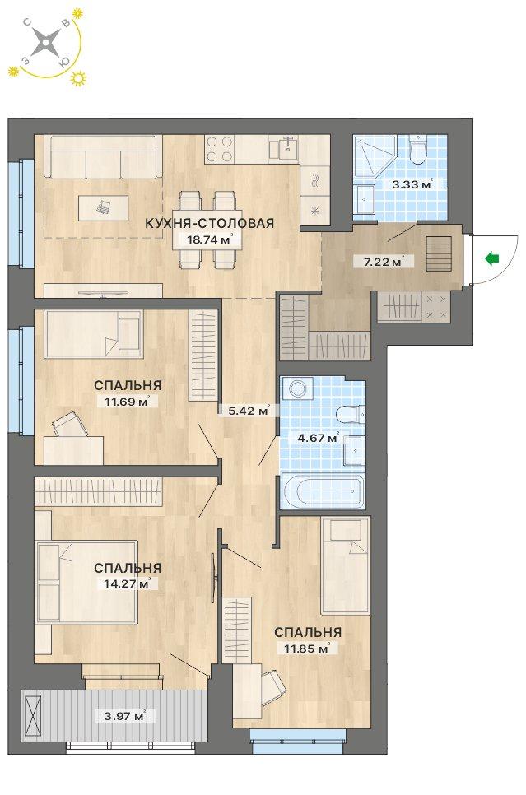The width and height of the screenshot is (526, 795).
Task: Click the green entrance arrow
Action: point(491,259)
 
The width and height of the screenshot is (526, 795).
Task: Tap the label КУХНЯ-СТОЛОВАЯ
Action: point(209,223)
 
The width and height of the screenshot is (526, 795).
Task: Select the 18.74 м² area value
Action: point(209,239)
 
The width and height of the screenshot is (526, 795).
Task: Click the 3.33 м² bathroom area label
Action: point(412,184)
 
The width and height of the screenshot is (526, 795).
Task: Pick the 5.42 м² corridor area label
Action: point(249,411)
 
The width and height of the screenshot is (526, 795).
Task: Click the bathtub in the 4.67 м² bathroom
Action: point(322,490)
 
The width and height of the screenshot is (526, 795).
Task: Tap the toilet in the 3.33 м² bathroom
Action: point(418,150)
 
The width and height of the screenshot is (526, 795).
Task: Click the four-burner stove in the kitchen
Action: point(219,149)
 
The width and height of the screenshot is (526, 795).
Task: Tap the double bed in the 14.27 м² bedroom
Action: point(86,581)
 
